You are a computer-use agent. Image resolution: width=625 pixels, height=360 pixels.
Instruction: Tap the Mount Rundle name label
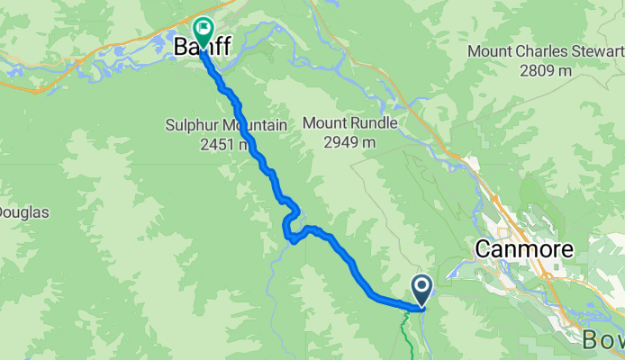click(347, 122)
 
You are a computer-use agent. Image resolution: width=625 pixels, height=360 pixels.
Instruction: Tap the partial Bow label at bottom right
click(602, 341)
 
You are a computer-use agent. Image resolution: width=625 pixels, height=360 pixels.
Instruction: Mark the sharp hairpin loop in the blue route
click(291, 225)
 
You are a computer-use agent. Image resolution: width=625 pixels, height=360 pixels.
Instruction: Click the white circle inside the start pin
click(421, 287)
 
